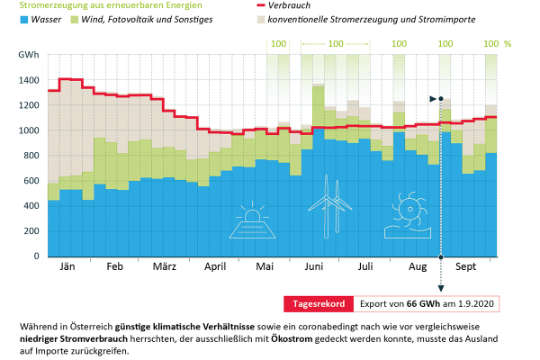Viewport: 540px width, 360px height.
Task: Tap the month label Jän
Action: click(x=67, y=268)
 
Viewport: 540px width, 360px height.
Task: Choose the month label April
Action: click(x=214, y=268)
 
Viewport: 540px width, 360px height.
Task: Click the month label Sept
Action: click(x=464, y=268)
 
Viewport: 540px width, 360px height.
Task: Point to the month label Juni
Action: click(x=314, y=268)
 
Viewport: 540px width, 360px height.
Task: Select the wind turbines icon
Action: click(x=328, y=214)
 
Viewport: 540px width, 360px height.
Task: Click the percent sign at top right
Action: click(x=507, y=44)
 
